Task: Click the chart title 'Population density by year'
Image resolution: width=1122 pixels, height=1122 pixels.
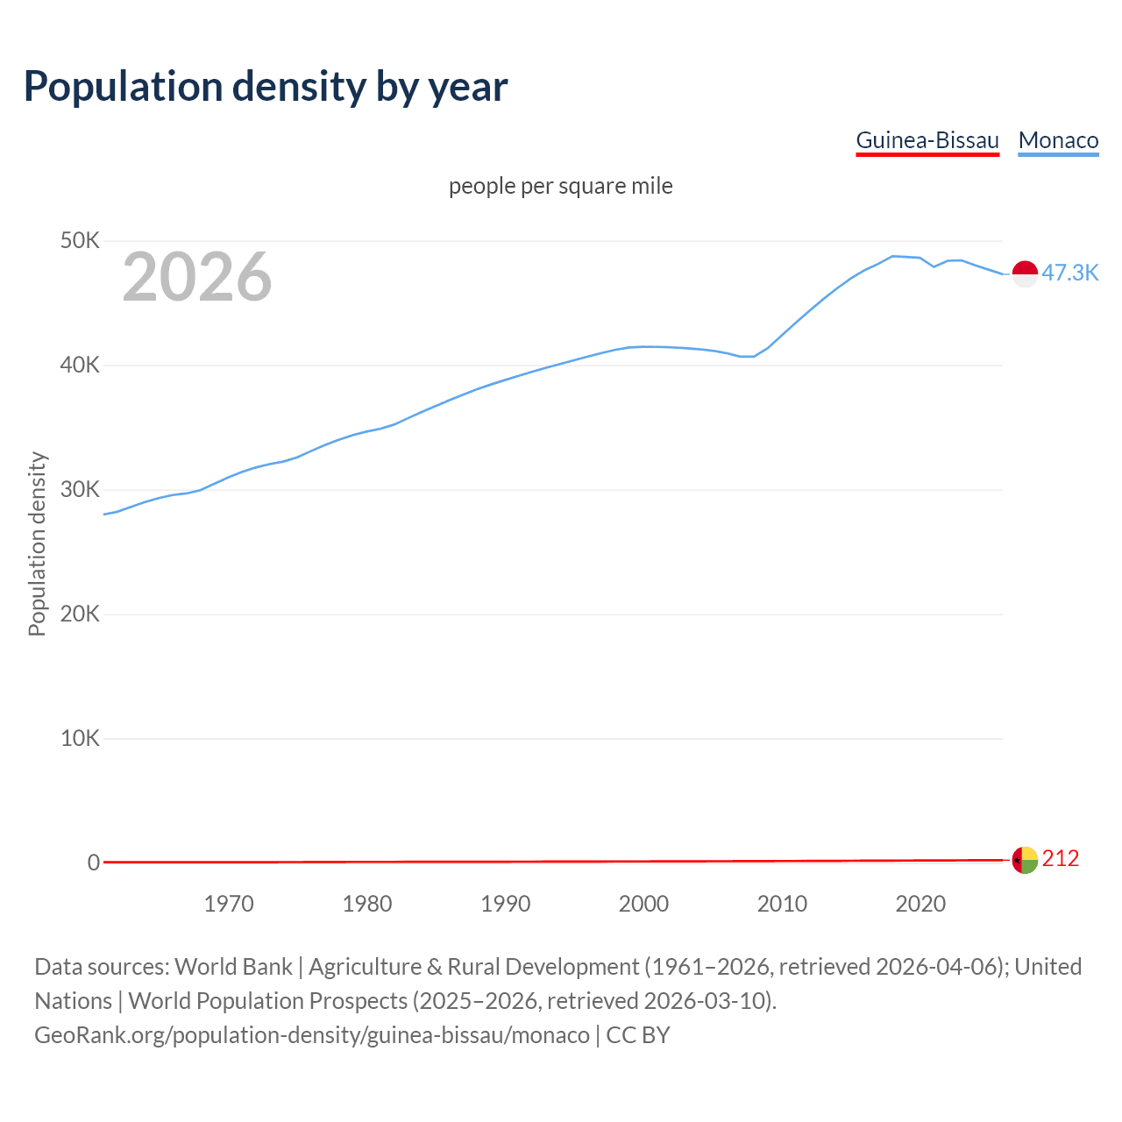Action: (266, 87)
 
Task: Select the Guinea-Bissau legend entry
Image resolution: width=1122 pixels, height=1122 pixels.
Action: (927, 140)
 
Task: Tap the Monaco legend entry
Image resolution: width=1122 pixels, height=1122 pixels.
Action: (1058, 140)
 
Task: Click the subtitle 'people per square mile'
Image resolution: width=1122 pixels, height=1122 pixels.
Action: (560, 187)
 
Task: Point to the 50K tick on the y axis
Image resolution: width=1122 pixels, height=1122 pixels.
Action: (80, 241)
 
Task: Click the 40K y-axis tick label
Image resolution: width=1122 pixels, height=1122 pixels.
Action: (80, 366)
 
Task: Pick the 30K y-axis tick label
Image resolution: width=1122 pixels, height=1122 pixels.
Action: (80, 490)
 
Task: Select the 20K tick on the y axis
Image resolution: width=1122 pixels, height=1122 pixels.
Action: (80, 614)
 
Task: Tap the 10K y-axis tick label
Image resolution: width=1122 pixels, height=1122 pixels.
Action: (80, 739)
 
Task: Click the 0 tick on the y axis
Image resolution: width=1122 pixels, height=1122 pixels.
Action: (93, 863)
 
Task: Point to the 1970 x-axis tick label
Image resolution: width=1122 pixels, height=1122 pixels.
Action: (229, 904)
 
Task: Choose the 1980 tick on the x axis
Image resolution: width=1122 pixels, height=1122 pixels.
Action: (367, 904)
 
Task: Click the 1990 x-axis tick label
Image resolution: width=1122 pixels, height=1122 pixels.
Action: (506, 904)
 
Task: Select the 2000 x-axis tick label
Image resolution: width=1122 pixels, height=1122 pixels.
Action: (643, 904)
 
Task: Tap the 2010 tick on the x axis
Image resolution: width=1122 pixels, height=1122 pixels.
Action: (782, 904)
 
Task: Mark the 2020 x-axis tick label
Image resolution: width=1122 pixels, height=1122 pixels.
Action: (920, 904)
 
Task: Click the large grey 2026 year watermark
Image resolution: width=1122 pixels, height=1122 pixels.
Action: (197, 277)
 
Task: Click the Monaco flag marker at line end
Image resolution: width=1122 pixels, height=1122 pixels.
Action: (1025, 273)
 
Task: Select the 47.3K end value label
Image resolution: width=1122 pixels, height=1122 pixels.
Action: (1069, 273)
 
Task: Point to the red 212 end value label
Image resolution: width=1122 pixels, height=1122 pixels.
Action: (1060, 859)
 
